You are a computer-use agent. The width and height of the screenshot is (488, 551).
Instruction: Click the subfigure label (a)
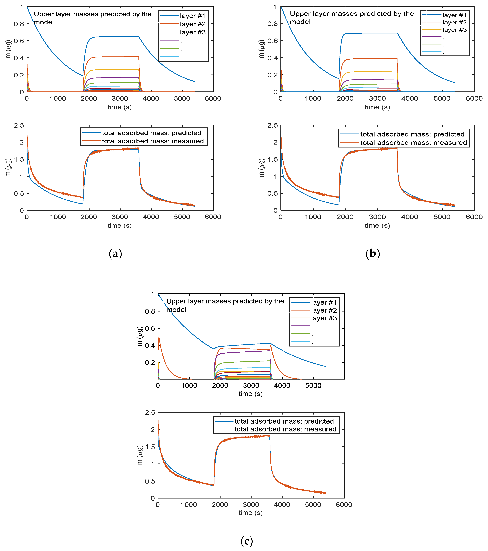(115, 254)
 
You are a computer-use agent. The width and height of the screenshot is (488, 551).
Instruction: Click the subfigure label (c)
(246, 541)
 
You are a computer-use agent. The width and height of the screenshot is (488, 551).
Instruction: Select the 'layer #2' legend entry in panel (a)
(193, 24)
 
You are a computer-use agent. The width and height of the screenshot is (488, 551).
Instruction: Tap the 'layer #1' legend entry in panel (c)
(324, 302)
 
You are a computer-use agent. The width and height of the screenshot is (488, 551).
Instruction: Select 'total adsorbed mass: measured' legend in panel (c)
(285, 429)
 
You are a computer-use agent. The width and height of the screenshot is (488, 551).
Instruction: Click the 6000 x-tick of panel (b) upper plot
(474, 98)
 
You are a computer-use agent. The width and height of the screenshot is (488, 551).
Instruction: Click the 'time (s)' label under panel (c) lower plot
(250, 512)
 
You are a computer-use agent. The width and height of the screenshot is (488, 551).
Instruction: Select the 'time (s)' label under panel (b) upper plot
(377, 107)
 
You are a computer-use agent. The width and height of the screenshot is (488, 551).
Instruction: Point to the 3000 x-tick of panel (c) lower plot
(251, 505)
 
